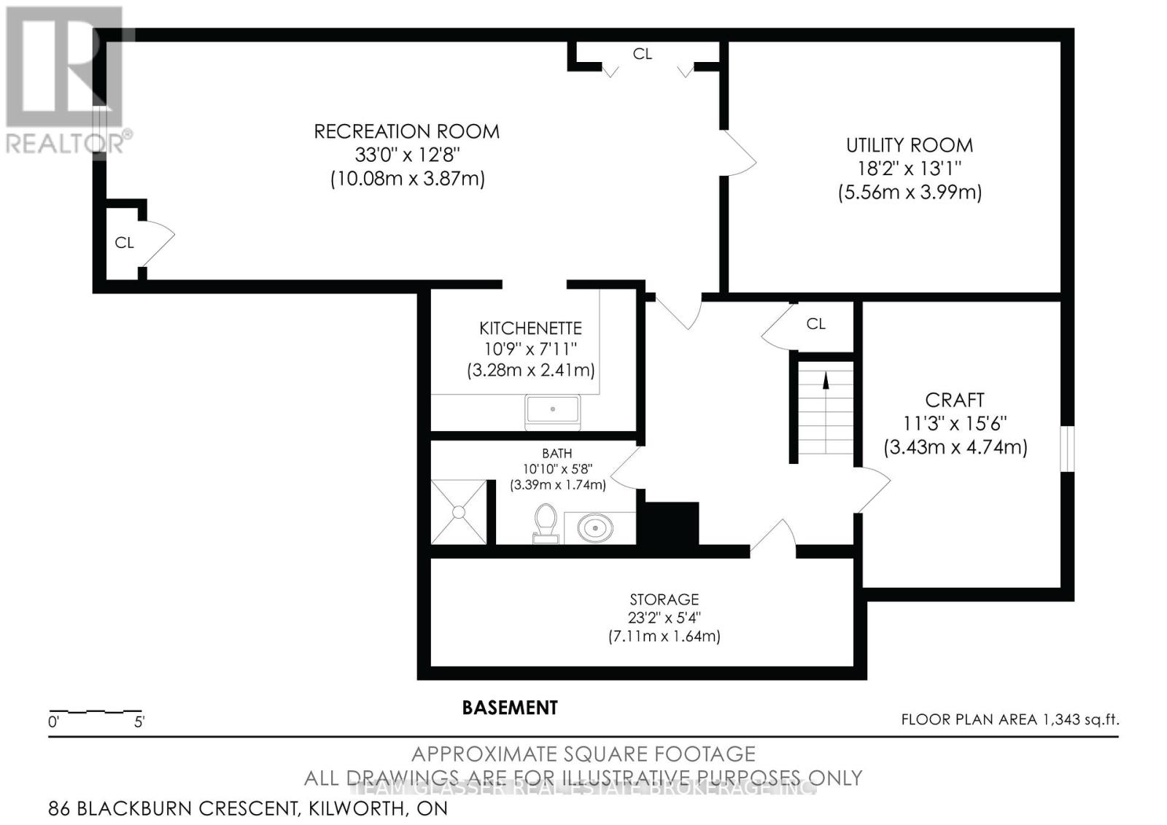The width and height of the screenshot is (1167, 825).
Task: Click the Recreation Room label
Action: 406,131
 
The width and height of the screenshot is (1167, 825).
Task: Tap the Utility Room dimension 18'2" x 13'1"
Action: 909,169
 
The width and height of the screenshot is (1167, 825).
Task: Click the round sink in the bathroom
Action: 595,527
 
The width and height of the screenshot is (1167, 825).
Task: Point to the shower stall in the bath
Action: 458,511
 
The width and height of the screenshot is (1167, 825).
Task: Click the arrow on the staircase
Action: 826,380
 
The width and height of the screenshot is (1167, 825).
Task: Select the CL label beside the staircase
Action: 815,323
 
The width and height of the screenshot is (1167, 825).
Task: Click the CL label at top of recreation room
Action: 642,53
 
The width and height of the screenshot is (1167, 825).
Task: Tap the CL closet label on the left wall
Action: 124,242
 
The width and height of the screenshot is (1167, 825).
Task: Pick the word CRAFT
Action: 954,400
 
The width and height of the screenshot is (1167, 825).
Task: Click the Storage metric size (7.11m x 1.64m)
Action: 664,636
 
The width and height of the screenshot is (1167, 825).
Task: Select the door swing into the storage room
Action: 773,538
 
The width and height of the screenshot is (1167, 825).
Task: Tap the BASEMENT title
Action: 510,708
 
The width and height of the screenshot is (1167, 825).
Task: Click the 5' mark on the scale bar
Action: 139,723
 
